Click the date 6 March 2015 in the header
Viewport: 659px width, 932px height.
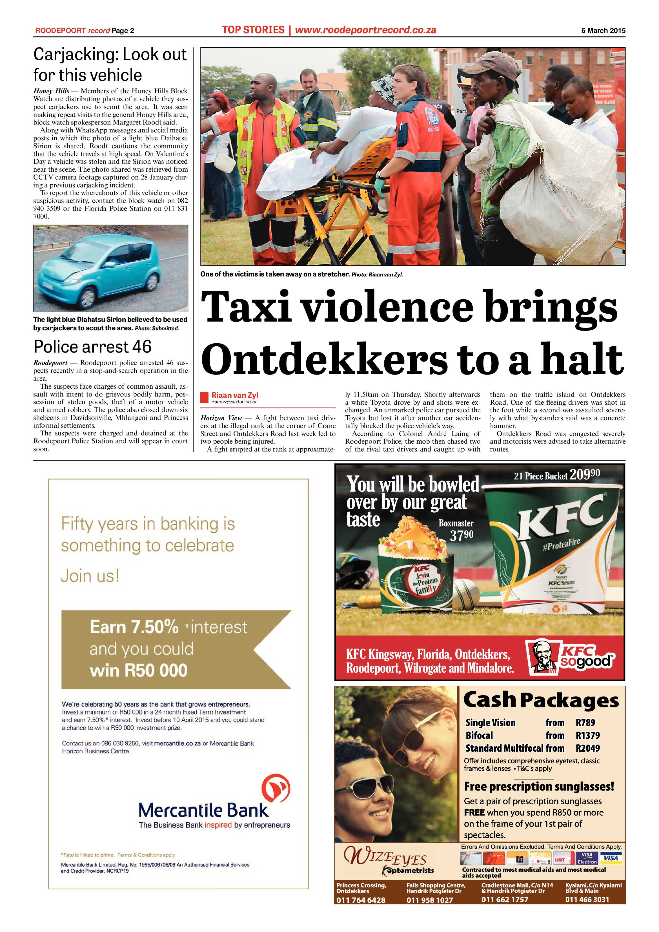click(x=603, y=30)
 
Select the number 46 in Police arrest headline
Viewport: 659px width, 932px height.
click(x=141, y=347)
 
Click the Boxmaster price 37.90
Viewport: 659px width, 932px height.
click(x=461, y=535)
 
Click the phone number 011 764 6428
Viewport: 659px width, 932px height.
click(x=360, y=900)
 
